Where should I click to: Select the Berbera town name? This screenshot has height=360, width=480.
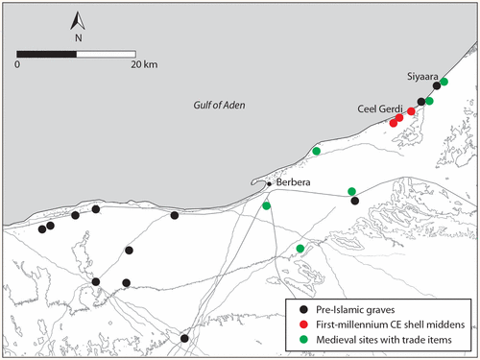click(x=294, y=182)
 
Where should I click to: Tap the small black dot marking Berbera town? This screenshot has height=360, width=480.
click(x=270, y=182)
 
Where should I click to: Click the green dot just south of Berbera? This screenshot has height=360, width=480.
click(x=266, y=206)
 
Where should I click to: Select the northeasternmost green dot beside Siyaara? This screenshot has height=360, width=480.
click(x=444, y=82)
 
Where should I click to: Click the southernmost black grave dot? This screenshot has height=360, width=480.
click(x=184, y=338)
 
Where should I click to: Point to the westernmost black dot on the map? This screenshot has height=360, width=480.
click(x=41, y=228)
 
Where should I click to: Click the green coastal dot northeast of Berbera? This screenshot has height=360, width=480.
click(x=317, y=151)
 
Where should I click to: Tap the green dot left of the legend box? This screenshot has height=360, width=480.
click(x=300, y=249)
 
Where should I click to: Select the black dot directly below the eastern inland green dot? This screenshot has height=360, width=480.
click(x=355, y=201)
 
